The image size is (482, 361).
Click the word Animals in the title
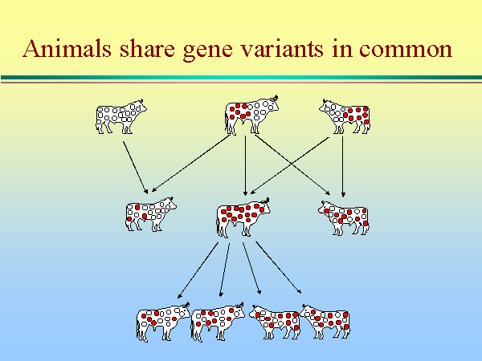pos(67,49)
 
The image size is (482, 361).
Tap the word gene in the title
pos(207,51)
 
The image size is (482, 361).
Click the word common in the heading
pos(405,50)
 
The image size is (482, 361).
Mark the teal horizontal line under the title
pos(241,77)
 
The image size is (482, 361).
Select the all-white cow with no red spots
pos(120,116)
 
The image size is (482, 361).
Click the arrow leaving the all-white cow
pos(136,168)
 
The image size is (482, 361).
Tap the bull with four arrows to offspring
pos(243,217)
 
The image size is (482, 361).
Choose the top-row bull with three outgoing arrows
pos(251,115)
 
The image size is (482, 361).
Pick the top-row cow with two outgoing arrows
pos(345,116)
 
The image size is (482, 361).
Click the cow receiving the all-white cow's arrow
pos(150,214)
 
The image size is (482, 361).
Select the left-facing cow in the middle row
pos(344,218)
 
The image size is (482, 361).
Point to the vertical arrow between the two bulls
pos(245,166)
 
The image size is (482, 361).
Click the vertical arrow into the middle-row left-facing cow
pos(343,167)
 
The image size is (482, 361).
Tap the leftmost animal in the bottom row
pos(163,322)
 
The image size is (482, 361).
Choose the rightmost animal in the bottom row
pos(325,322)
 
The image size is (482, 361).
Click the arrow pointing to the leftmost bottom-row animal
pos(198,270)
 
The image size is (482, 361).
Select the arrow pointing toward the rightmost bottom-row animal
pos(279,268)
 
